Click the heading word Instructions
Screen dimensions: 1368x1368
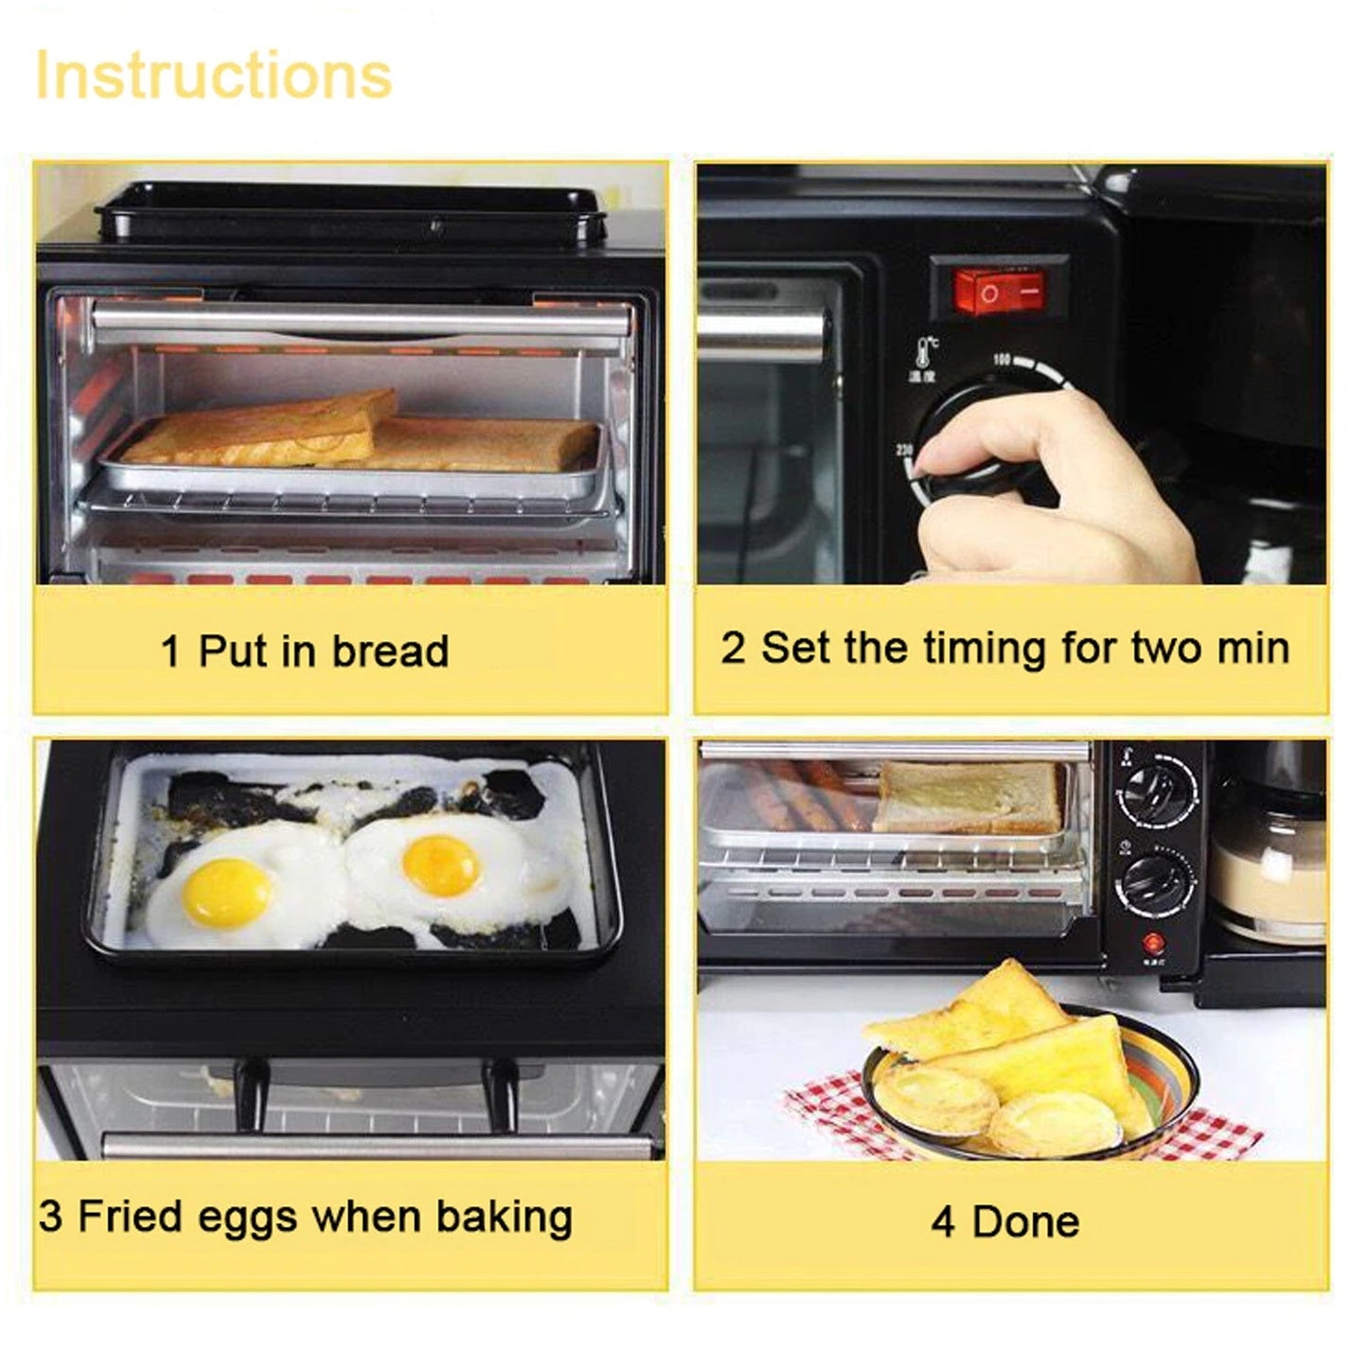[x=213, y=75]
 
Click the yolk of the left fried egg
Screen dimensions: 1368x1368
[x=225, y=893]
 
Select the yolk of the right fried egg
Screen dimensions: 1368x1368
[x=440, y=864]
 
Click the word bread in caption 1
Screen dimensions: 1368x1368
[x=390, y=651]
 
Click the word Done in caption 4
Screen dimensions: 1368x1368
[x=1026, y=1221]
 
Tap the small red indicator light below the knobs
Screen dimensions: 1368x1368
[x=1152, y=943]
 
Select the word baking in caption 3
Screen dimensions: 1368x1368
[x=504, y=1217]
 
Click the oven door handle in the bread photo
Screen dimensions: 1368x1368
[x=360, y=322]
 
